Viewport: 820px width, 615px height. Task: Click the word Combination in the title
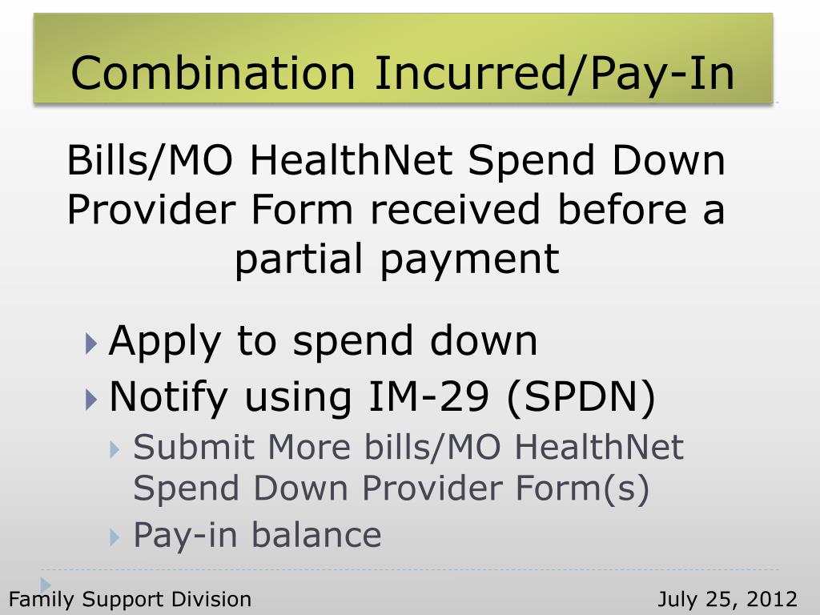(x=212, y=74)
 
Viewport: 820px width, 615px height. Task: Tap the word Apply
(x=163, y=342)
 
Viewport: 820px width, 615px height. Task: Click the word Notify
(x=169, y=396)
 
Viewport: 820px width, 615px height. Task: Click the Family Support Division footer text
(x=130, y=599)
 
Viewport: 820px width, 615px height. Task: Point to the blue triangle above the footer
(x=46, y=585)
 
